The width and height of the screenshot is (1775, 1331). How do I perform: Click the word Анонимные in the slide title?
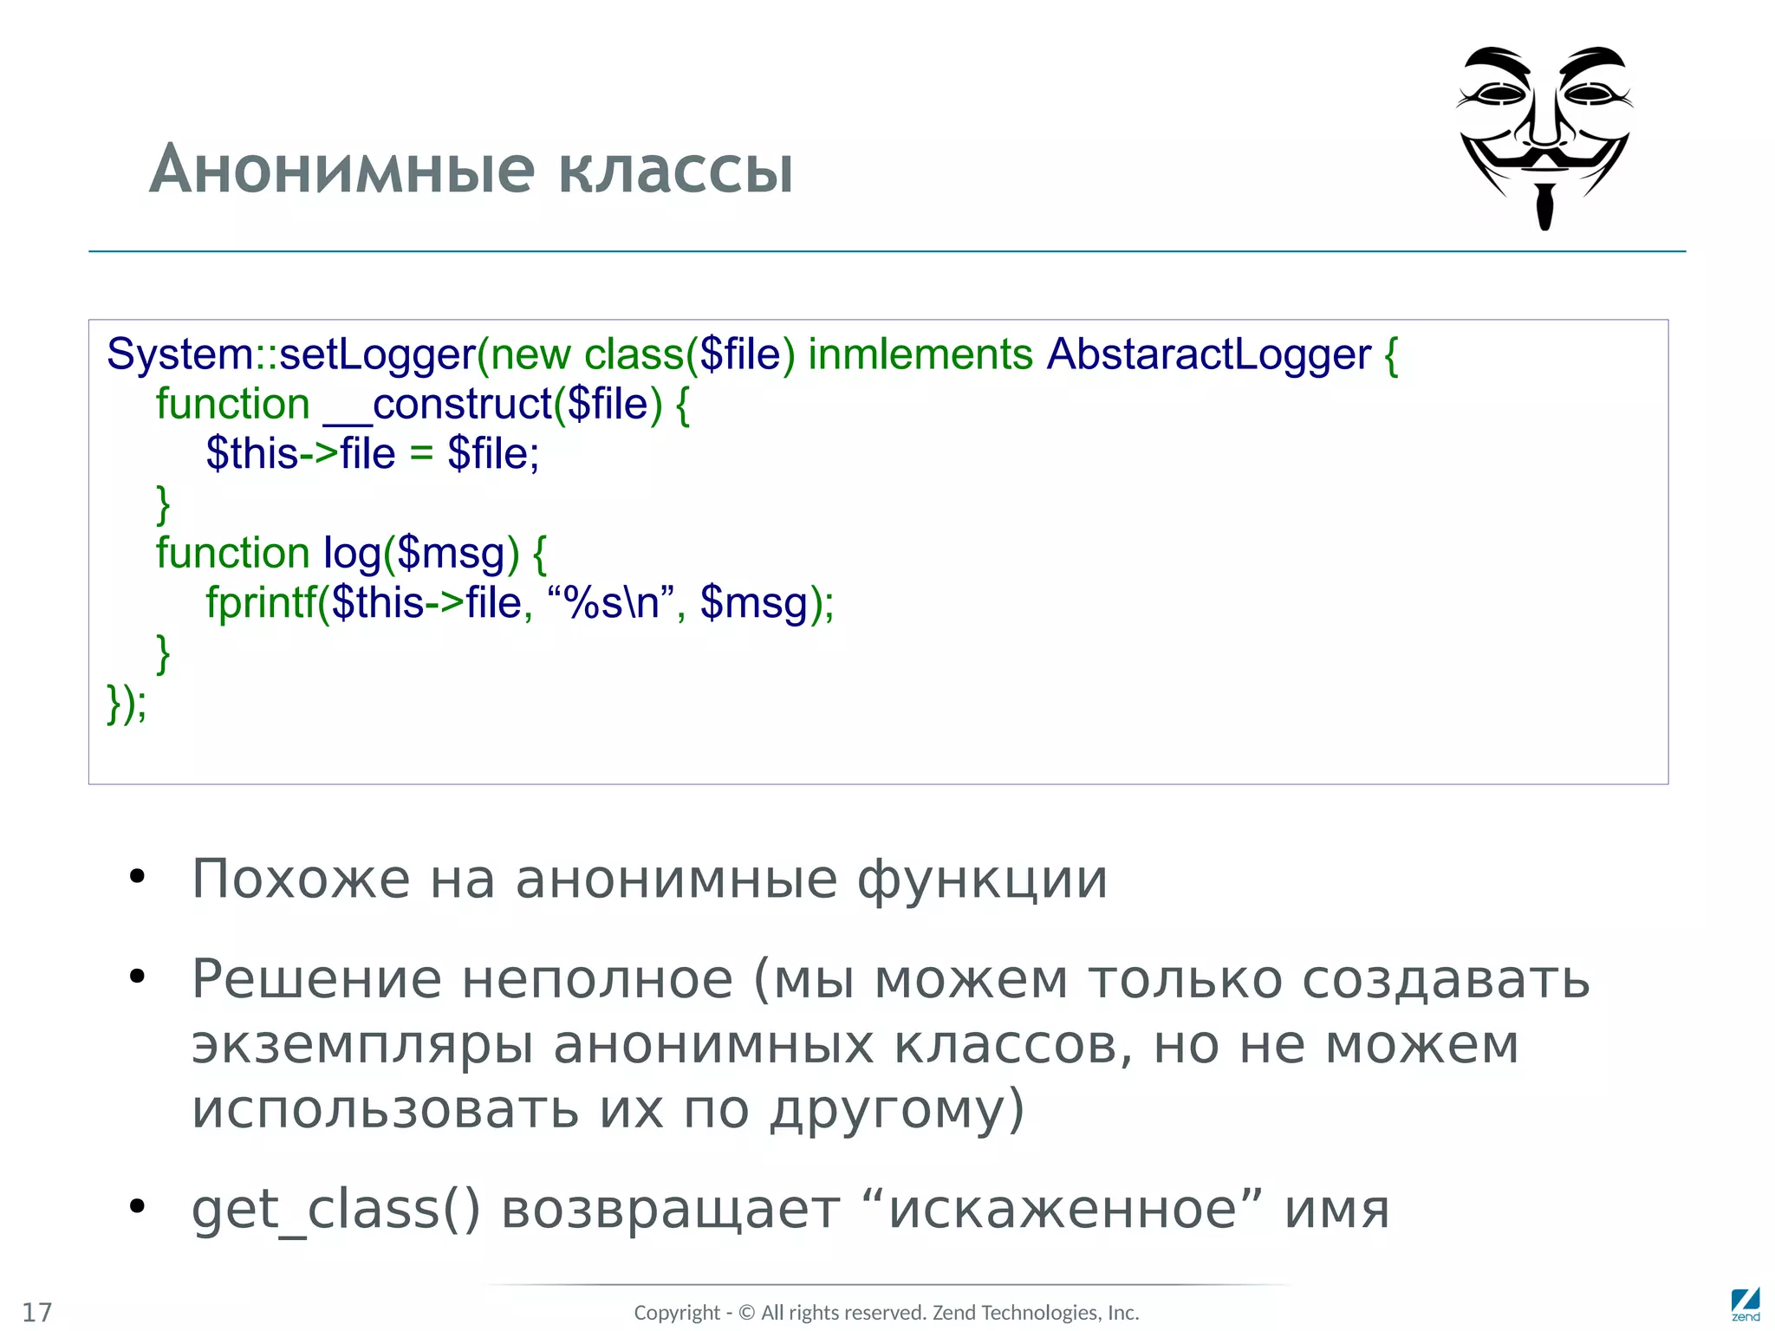point(343,170)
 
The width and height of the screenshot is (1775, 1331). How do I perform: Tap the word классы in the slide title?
point(675,170)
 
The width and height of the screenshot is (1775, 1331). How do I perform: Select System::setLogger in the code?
point(291,354)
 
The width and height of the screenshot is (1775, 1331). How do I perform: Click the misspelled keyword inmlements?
point(920,354)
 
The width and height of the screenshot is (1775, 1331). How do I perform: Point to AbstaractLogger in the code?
point(1209,354)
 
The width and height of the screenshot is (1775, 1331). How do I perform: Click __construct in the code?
point(438,404)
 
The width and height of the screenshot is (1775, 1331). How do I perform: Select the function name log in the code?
point(352,553)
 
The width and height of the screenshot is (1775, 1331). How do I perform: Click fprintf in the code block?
point(261,602)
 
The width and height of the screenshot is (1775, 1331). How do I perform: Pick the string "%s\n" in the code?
point(611,602)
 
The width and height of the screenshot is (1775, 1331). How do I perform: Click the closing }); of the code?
point(127,702)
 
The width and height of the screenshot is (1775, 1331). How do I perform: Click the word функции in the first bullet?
point(982,879)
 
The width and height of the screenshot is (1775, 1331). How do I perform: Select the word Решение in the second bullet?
point(316,979)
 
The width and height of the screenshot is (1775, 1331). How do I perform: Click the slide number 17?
point(37,1312)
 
